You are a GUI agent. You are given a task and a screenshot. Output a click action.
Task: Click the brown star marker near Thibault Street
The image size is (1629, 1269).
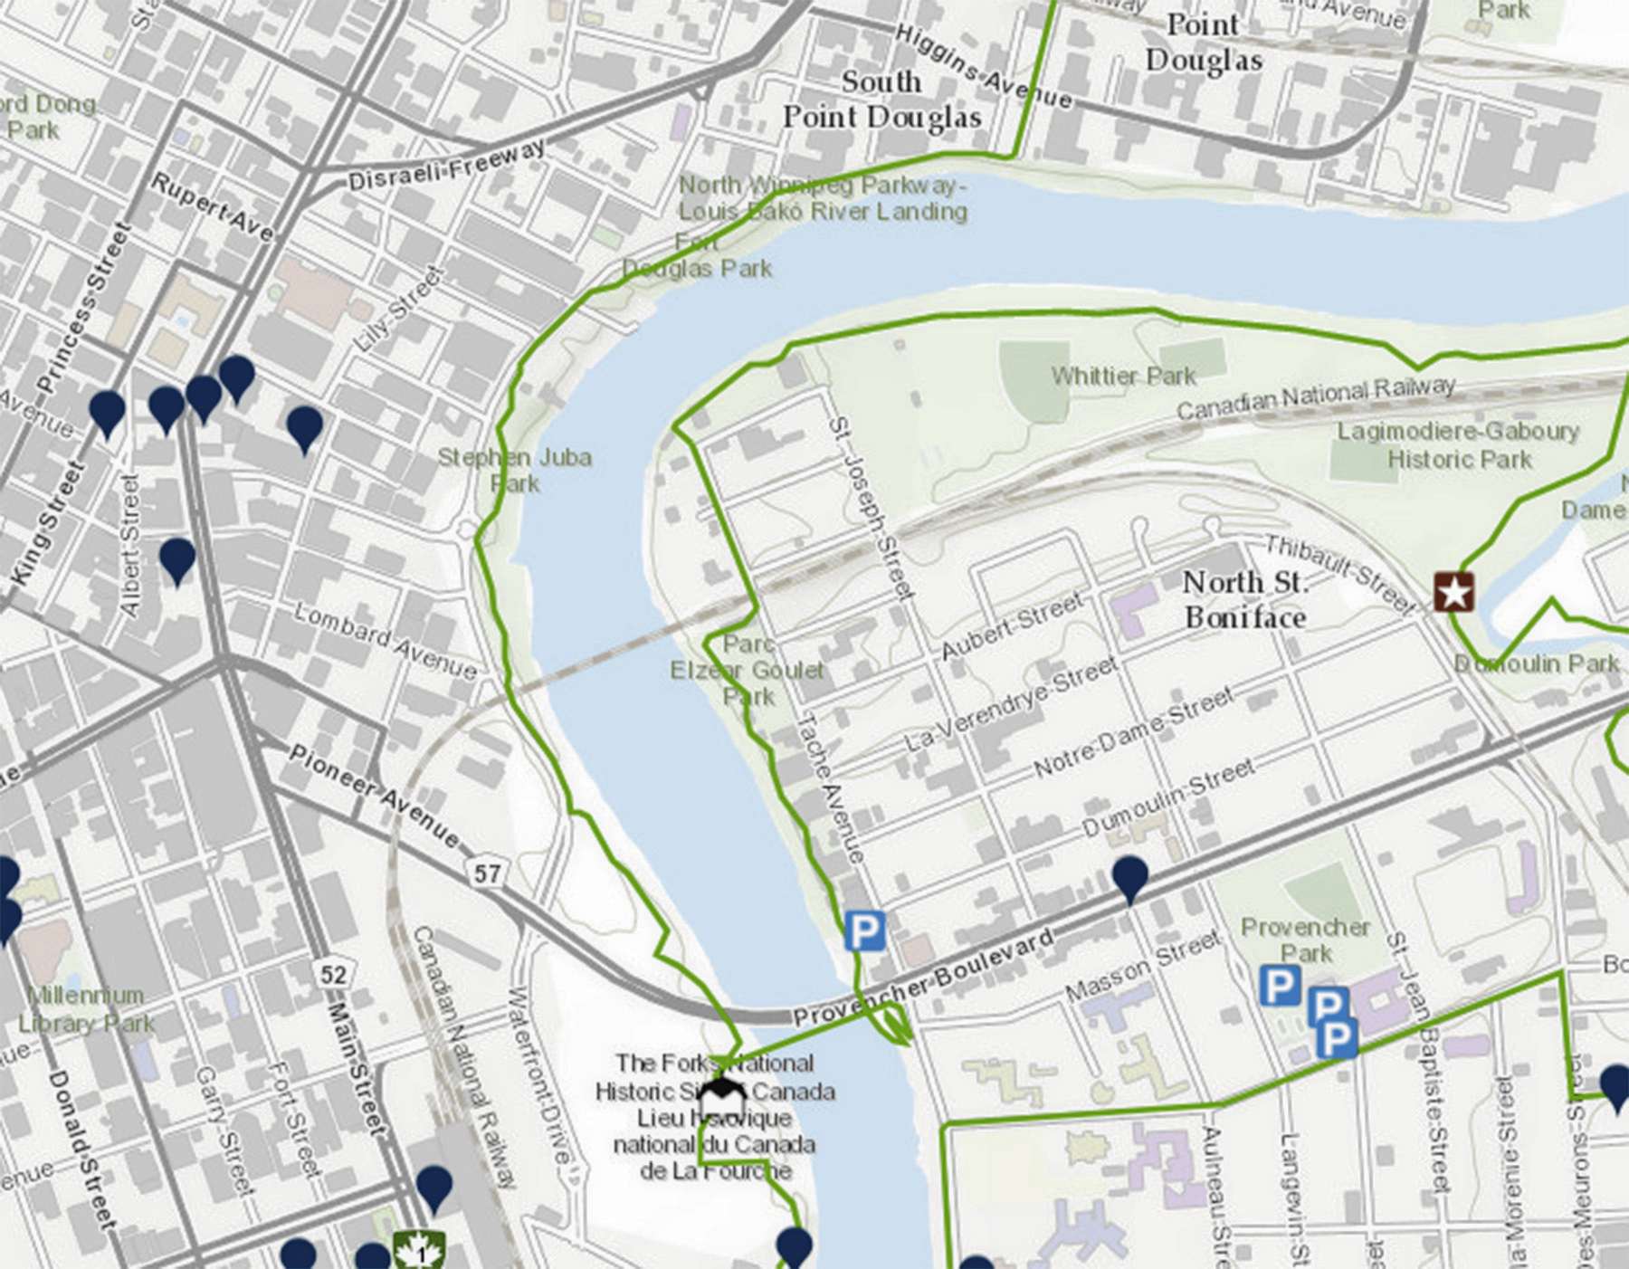(x=1453, y=593)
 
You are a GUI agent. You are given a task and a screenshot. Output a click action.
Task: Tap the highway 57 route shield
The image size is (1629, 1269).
(x=486, y=873)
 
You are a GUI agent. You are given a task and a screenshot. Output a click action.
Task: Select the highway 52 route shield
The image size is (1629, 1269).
(x=332, y=974)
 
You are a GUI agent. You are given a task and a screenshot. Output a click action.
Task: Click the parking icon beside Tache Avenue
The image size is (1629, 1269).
(x=864, y=930)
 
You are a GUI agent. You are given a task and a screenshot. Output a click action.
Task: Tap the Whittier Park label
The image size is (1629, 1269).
(x=1123, y=376)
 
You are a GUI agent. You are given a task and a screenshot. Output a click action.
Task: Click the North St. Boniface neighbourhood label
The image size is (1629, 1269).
(x=1245, y=599)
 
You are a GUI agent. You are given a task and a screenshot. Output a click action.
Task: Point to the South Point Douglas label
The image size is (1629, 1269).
(x=881, y=100)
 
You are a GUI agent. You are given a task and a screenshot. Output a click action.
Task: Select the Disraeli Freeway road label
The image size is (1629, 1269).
(x=447, y=166)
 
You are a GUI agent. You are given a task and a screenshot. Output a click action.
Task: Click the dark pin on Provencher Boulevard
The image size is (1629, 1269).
(x=1129, y=876)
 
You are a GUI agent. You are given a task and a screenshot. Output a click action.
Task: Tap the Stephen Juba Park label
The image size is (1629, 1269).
(x=514, y=470)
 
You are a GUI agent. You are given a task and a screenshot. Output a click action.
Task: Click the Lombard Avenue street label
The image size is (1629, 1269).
(x=386, y=640)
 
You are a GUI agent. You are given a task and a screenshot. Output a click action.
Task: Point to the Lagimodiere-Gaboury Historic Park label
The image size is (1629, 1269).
(x=1458, y=444)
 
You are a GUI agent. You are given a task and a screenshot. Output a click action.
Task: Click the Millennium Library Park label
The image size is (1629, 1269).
(x=86, y=1009)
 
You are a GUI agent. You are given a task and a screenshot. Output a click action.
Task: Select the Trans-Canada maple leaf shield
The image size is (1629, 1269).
(x=419, y=1252)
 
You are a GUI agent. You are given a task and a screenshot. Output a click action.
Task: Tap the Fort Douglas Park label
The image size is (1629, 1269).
(x=697, y=256)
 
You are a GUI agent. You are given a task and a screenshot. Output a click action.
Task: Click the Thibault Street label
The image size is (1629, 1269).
(x=1337, y=573)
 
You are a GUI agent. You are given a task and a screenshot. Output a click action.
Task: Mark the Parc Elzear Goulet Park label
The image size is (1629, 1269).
(x=748, y=671)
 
